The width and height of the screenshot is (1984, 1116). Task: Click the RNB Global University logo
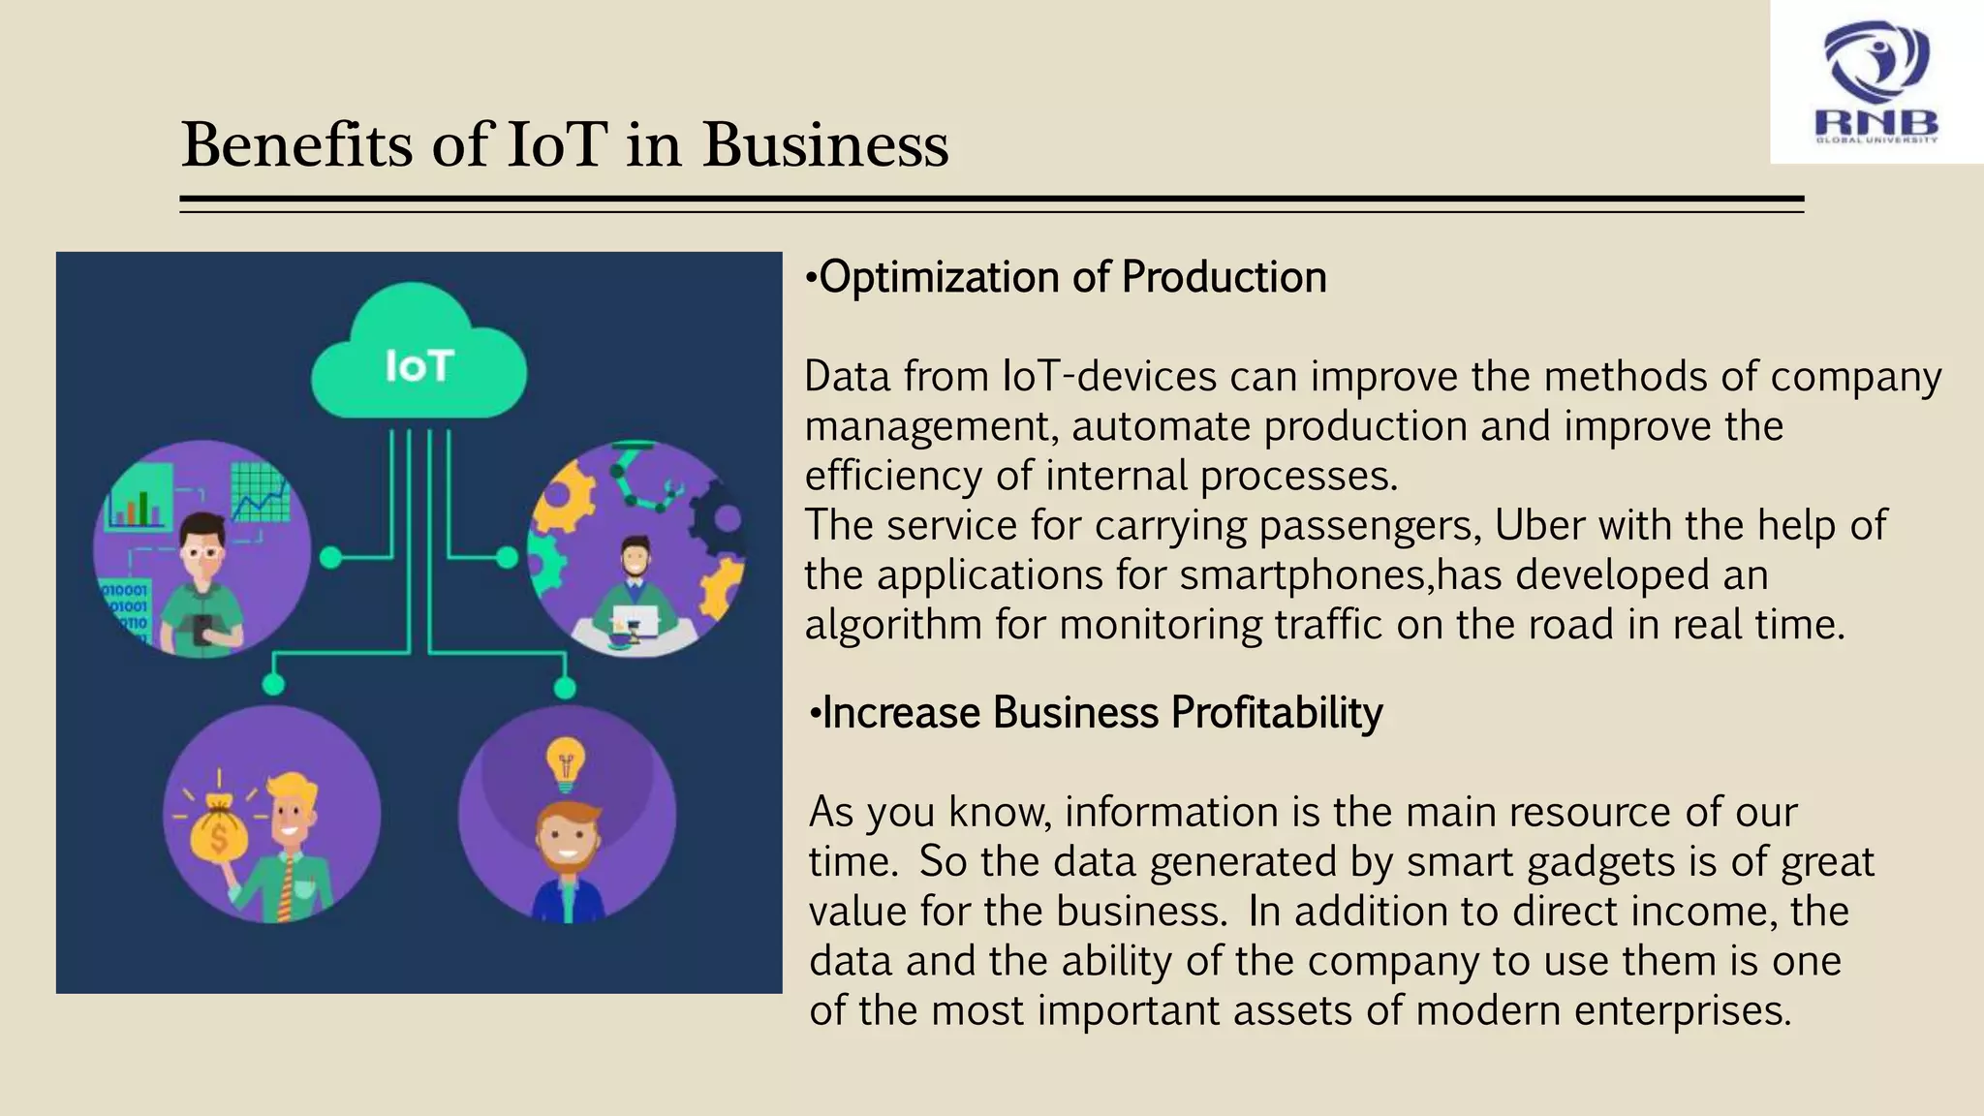(x=1876, y=83)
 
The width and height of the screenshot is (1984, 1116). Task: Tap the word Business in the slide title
(x=825, y=145)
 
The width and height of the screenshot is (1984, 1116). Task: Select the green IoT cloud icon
(x=418, y=354)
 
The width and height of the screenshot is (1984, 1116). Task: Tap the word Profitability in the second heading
(x=1277, y=713)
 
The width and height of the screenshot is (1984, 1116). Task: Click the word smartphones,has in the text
(x=1341, y=575)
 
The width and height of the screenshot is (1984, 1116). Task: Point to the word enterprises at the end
(x=1682, y=1011)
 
